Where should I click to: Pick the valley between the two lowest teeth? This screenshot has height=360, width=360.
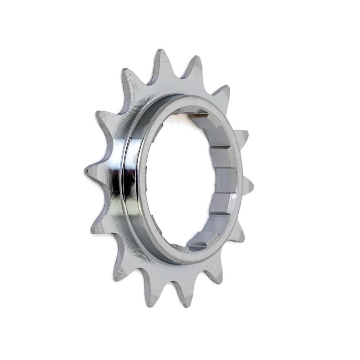click(x=167, y=284)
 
